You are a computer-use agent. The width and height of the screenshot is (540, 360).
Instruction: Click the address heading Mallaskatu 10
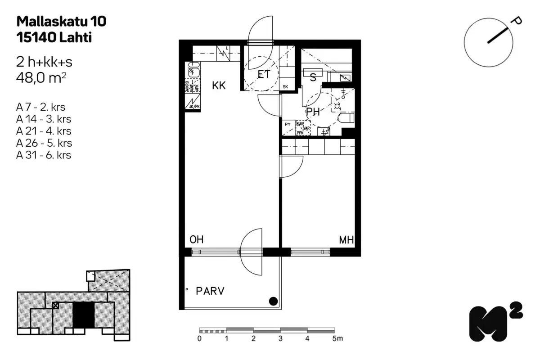tap(62, 21)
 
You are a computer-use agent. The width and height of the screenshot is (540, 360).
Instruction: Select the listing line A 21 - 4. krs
tap(44, 131)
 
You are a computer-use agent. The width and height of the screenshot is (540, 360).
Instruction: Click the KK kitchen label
tap(219, 85)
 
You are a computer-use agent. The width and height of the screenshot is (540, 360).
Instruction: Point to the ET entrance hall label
tap(264, 74)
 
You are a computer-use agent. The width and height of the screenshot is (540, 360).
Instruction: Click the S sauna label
tap(313, 77)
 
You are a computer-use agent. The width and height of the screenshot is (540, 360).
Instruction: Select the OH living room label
tap(197, 240)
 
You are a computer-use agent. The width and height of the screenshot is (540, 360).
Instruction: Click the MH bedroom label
tap(346, 240)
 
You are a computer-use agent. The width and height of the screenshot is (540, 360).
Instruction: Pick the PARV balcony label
tap(210, 291)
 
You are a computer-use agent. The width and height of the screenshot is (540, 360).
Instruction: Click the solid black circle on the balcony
tap(273, 301)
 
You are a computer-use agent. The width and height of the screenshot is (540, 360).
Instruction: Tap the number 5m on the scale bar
tap(337, 338)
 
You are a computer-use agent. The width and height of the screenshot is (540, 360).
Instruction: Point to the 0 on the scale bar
tap(199, 338)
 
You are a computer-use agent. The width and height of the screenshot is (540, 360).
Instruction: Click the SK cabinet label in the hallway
tap(285, 87)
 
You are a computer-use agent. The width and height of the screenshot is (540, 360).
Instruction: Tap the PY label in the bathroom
tap(287, 123)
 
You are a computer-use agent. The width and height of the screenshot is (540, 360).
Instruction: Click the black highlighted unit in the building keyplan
tap(84, 315)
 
